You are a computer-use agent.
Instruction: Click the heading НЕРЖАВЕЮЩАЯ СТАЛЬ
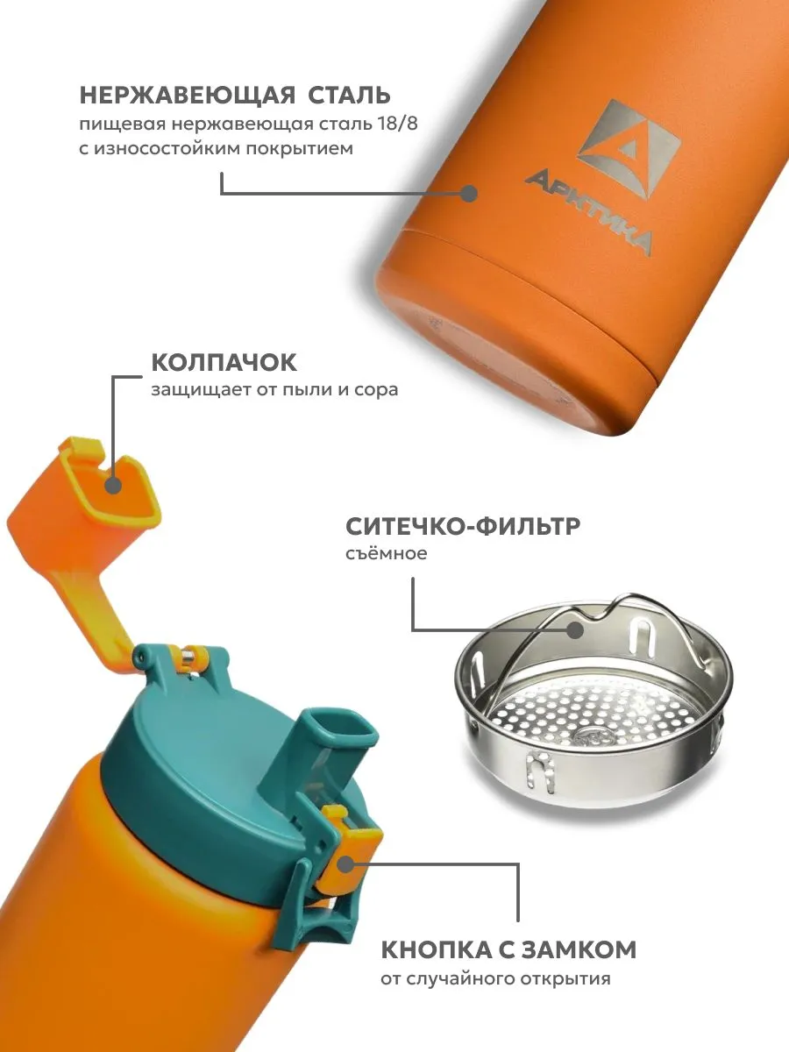pos(235,96)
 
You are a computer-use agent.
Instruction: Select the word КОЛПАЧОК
pos(224,363)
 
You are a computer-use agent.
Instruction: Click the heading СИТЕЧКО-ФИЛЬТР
pos(463,527)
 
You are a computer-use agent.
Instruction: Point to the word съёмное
pos(387,553)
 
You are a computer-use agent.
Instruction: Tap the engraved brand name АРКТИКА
pos(590,214)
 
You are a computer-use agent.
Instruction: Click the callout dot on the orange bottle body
pos(469,194)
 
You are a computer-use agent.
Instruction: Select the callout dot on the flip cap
pos(114,485)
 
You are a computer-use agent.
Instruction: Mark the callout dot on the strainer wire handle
pos(575,629)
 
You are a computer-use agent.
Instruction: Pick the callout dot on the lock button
pos(345,865)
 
